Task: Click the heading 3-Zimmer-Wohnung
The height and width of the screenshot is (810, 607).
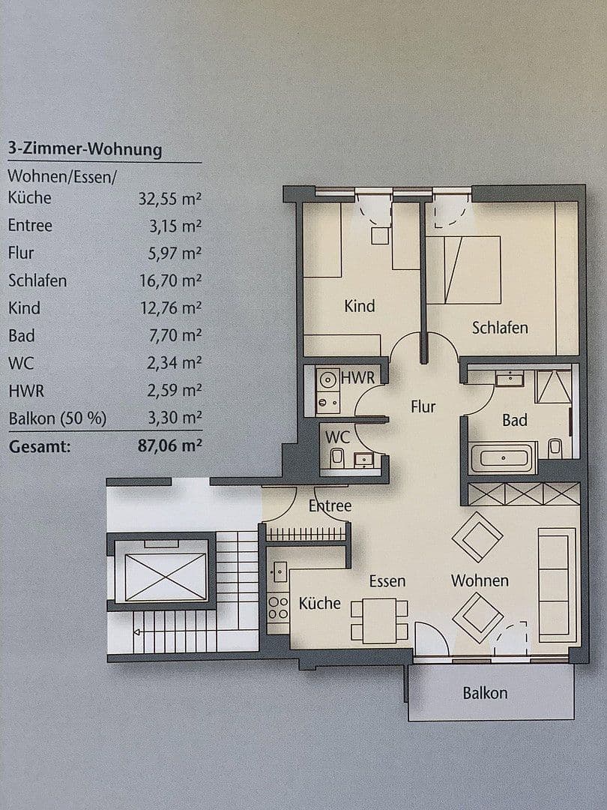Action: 85,149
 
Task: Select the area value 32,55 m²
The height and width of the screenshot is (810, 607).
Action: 170,198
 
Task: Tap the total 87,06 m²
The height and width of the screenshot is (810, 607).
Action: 170,446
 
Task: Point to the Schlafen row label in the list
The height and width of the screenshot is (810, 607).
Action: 37,280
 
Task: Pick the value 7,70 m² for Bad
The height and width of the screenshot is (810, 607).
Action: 175,335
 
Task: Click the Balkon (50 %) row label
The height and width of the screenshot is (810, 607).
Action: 57,418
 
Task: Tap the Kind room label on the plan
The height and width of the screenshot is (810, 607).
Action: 360,306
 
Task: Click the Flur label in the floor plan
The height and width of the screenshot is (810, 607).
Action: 423,406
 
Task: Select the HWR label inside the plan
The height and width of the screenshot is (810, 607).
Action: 357,378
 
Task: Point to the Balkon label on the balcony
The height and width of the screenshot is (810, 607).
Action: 485,693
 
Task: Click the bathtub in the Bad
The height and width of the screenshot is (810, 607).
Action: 503,458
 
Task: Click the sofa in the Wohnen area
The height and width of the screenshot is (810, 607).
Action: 557,585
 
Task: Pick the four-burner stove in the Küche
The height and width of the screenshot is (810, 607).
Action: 279,607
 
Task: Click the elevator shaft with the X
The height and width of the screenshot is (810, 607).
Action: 166,576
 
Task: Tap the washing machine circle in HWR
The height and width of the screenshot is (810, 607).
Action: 327,379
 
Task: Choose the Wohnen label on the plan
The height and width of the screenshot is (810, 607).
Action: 480,580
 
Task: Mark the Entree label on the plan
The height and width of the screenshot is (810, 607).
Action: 330,506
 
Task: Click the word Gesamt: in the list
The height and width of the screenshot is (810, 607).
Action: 40,447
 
